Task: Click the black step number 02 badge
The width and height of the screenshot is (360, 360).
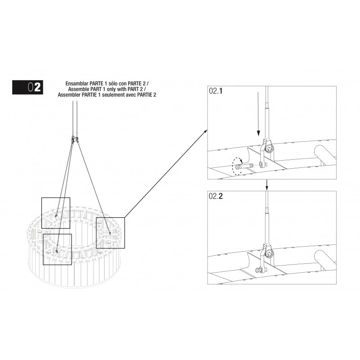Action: [27, 87]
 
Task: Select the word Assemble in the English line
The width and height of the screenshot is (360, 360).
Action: [78, 89]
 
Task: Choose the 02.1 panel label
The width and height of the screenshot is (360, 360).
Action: [216, 91]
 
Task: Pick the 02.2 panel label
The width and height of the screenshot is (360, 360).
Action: [216, 196]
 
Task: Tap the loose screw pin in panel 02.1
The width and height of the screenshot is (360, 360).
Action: [245, 165]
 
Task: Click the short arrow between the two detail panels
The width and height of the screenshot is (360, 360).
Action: [266, 185]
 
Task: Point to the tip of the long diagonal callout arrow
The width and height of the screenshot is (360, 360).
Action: [207, 130]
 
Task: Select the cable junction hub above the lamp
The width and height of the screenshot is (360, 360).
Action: [75, 139]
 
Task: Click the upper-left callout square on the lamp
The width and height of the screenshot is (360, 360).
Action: [56, 198]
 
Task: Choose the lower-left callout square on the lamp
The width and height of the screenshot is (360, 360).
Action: [58, 234]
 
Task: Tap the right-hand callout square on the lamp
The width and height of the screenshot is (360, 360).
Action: [110, 218]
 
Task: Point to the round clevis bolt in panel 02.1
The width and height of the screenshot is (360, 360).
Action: [269, 148]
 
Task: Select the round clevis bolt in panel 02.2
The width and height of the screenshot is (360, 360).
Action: [269, 253]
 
